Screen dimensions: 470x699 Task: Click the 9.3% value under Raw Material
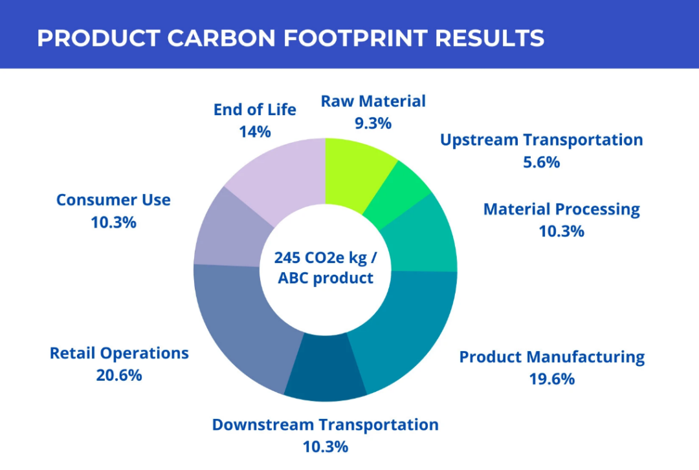tap(373, 123)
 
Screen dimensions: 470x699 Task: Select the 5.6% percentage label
tap(541, 162)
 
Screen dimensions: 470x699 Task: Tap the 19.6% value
tap(551, 379)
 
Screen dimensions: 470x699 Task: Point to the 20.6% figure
tap(119, 375)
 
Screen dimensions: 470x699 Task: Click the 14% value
tap(254, 131)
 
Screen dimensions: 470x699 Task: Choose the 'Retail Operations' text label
tap(119, 353)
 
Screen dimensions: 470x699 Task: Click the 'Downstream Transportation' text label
tap(325, 425)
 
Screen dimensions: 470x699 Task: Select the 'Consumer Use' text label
tap(113, 200)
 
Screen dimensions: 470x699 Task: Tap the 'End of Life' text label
tap(254, 109)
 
